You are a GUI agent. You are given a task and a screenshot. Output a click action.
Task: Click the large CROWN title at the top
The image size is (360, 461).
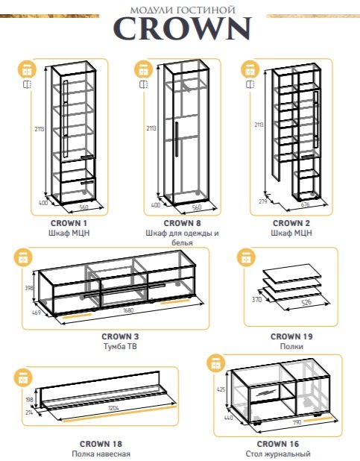(x=183, y=28)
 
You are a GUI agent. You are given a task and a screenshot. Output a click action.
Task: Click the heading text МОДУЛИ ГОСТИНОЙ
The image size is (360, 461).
(x=183, y=10)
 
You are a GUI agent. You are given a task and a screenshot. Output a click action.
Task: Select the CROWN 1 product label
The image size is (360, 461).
(x=69, y=223)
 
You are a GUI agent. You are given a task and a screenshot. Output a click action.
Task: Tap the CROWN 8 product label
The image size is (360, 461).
(x=182, y=223)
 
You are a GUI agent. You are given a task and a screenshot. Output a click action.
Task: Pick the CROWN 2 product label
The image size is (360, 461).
(x=291, y=223)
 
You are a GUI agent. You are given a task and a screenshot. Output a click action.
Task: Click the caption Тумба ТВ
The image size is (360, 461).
(x=120, y=346)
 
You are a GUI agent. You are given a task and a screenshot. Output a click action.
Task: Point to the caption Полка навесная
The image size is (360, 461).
(x=101, y=454)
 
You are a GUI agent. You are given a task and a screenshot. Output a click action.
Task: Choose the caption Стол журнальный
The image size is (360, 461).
(x=278, y=454)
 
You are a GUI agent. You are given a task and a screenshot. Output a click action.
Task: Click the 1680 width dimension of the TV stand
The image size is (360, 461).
(x=128, y=310)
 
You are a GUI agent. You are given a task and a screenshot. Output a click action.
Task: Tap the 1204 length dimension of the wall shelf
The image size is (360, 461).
(x=113, y=408)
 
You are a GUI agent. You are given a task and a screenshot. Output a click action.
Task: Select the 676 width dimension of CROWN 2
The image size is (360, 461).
(x=306, y=204)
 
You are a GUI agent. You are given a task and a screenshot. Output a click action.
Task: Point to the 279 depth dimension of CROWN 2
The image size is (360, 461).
(x=263, y=201)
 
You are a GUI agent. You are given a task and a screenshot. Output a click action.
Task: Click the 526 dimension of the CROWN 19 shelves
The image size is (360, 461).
(x=306, y=301)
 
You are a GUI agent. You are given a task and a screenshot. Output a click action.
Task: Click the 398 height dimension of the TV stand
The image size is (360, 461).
(x=29, y=288)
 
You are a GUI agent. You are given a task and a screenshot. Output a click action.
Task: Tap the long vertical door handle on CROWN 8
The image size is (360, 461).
(x=177, y=139)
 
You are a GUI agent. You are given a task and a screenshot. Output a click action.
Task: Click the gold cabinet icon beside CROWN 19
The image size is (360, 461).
(x=246, y=258)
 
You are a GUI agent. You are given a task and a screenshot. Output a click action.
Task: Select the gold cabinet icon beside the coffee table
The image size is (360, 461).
(x=216, y=364)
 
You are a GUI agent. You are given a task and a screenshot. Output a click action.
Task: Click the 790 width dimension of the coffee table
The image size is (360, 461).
(x=297, y=422)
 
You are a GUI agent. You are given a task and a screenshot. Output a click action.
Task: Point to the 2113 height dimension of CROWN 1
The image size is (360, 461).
(x=39, y=128)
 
